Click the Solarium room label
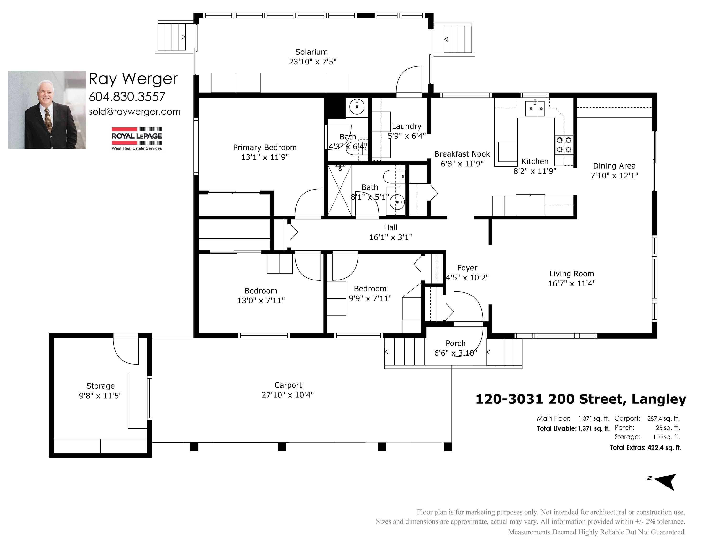click(x=311, y=52)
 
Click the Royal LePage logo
click(x=137, y=139)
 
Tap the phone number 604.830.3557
click(x=127, y=96)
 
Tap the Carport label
click(x=288, y=385)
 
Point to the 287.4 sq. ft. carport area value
click(x=663, y=418)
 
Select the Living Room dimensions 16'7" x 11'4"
click(x=572, y=284)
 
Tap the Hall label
click(x=390, y=228)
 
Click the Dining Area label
click(x=614, y=166)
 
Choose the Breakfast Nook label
click(x=462, y=154)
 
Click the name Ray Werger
click(x=133, y=79)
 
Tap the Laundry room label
click(x=407, y=127)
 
